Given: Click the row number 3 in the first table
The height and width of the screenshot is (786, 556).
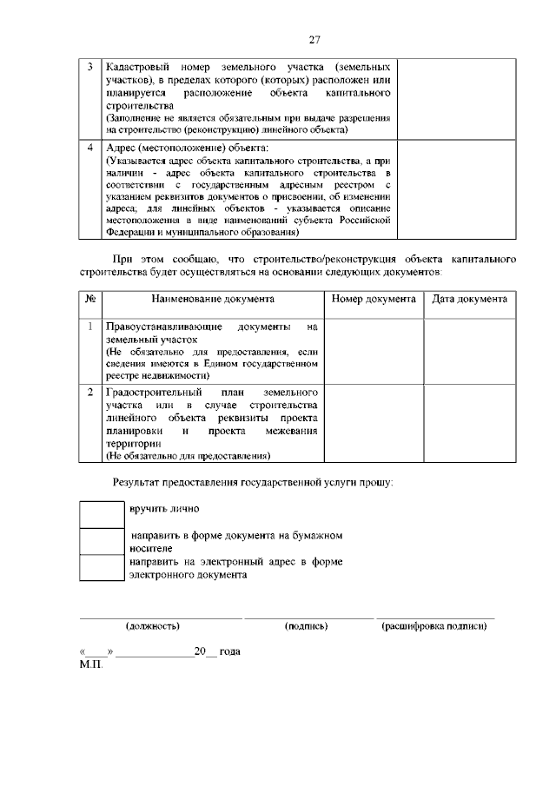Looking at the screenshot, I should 91,67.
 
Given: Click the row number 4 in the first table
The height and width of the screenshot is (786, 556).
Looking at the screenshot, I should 91,147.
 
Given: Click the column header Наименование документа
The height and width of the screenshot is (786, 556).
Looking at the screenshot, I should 213,299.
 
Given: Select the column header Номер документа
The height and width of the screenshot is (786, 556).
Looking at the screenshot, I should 374,299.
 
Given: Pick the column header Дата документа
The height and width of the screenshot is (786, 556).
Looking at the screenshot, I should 469,299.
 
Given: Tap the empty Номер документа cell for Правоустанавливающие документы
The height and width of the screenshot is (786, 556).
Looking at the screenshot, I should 374,351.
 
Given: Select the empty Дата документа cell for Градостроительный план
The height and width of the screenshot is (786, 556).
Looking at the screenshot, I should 469,423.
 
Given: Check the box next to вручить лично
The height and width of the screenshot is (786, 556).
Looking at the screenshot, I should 102,513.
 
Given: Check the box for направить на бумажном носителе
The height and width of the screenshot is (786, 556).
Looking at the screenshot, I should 102,541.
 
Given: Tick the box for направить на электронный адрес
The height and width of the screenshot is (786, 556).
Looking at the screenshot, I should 102,568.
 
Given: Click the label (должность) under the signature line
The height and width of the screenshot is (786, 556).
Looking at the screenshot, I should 153,625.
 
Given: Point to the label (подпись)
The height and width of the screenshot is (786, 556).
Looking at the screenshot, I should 306,625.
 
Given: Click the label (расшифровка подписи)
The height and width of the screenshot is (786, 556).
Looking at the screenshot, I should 434,625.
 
